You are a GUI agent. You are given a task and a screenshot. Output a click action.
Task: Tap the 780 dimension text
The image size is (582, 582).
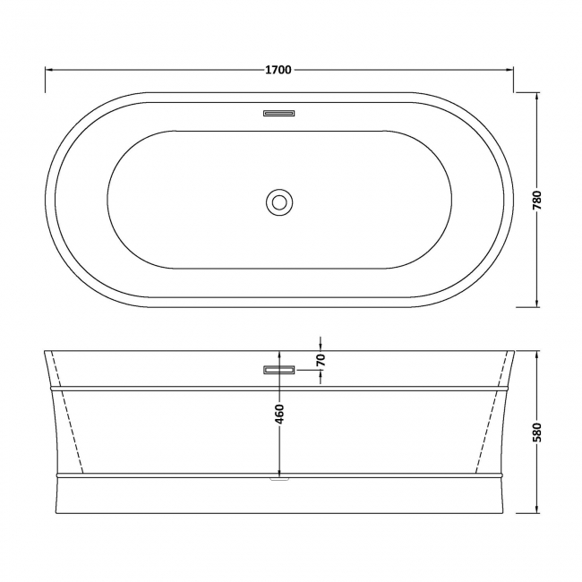pos(537,199)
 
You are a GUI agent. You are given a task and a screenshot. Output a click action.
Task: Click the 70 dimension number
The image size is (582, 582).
pos(321,361)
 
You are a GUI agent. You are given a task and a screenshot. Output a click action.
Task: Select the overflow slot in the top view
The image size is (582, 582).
pos(279,113)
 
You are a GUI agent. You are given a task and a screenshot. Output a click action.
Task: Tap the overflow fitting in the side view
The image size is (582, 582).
pos(278,369)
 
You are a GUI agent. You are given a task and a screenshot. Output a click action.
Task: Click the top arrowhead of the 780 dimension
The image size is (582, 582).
pos(537,96)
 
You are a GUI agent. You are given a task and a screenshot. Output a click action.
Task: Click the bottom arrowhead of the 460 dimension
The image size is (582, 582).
pos(279,472)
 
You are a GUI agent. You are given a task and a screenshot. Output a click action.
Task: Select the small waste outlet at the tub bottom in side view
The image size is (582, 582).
pos(279,479)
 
